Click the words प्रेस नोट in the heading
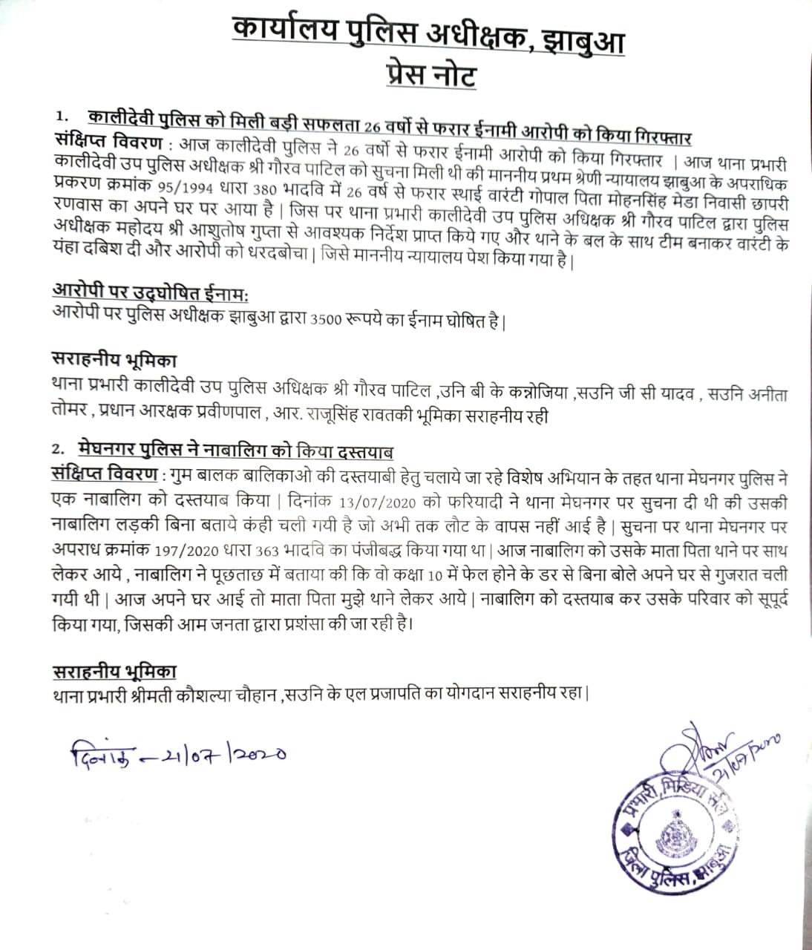[x=430, y=74]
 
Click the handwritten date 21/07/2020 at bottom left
[x=178, y=755]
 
